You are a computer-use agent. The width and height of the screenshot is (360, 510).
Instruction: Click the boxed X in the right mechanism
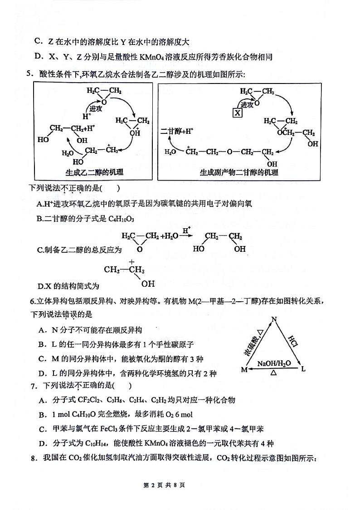pyautogui.click(x=238, y=113)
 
